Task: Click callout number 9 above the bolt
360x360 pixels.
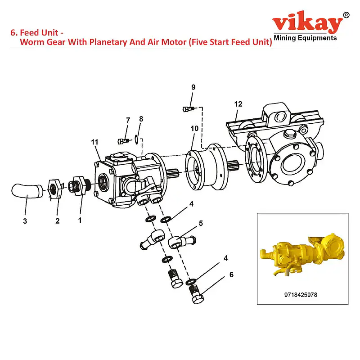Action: click(193, 87)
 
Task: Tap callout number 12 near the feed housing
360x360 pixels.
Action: click(238, 104)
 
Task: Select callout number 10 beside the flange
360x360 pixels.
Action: click(194, 129)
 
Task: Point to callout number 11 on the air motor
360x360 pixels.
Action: click(94, 142)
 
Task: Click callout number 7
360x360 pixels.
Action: click(128, 120)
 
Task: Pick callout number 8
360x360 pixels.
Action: click(141, 119)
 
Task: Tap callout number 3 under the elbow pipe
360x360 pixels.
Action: click(25, 221)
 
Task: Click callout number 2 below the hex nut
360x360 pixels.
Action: click(57, 221)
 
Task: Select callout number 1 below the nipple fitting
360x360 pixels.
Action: click(80, 220)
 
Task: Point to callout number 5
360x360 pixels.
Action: click(201, 223)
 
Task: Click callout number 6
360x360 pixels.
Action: click(231, 274)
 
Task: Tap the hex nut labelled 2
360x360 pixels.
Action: click(54, 188)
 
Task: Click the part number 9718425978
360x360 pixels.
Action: click(303, 295)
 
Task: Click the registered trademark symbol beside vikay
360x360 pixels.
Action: click(346, 15)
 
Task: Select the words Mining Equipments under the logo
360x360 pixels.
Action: click(305, 38)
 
